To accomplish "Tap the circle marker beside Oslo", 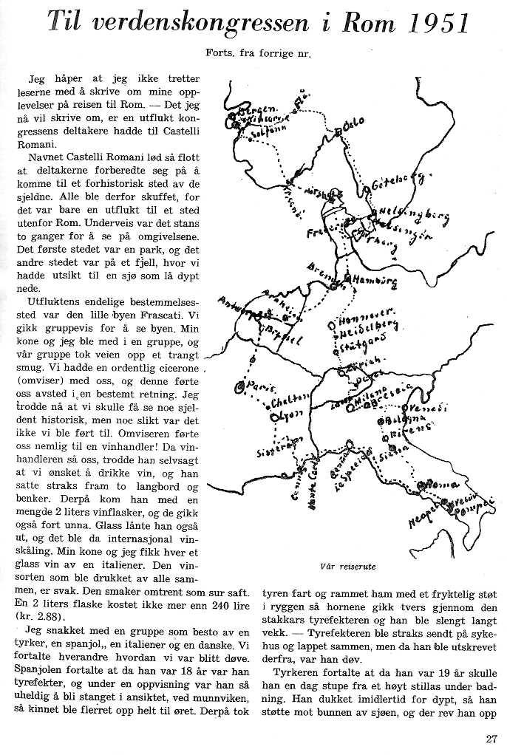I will [338, 131].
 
